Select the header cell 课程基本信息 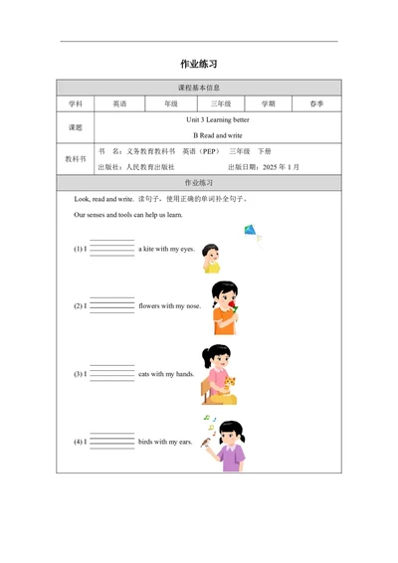click(x=199, y=88)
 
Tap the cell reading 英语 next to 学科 click(x=119, y=103)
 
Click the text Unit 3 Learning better click(x=217, y=119)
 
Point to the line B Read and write click(x=217, y=134)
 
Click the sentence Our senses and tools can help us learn click(x=128, y=214)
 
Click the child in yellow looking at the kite click(x=211, y=258)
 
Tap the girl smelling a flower click(x=224, y=302)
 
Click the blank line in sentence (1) click(x=111, y=249)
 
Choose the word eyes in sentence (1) click(x=186, y=249)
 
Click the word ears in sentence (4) click(x=184, y=441)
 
